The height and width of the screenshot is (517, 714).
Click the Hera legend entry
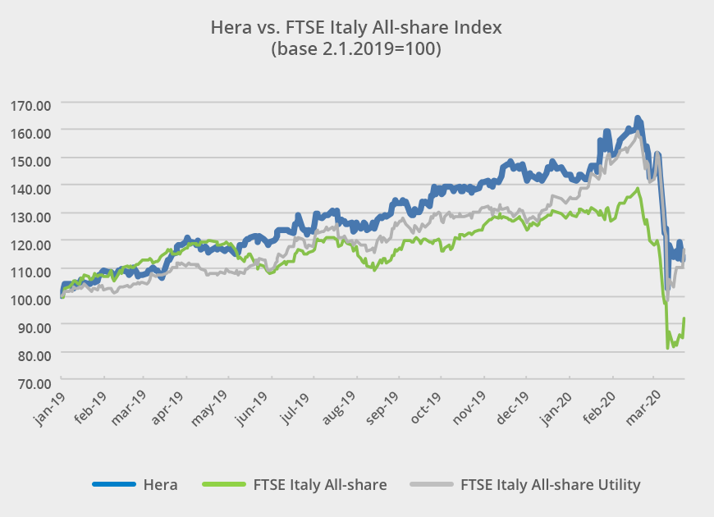pos(159,484)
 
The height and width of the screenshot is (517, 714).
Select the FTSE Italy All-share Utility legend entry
pos(550,484)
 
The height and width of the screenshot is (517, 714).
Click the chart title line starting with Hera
pos(356,27)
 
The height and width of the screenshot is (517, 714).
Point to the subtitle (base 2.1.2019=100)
pos(356,49)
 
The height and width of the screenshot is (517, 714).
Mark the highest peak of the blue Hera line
pos(638,118)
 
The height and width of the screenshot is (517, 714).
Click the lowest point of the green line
pos(667,348)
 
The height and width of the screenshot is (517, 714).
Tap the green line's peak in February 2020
pos(638,189)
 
